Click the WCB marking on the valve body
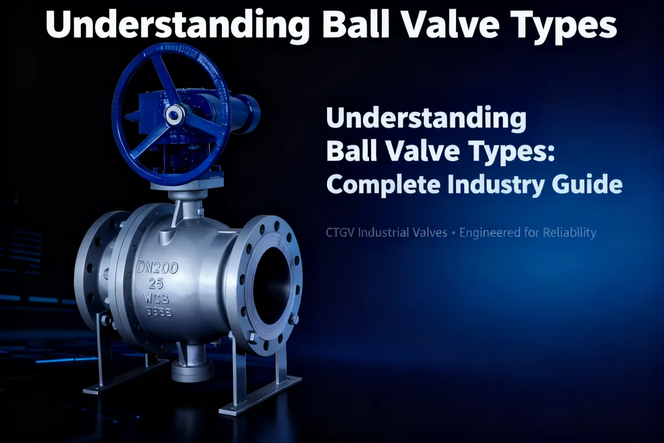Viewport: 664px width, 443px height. tap(157, 300)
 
